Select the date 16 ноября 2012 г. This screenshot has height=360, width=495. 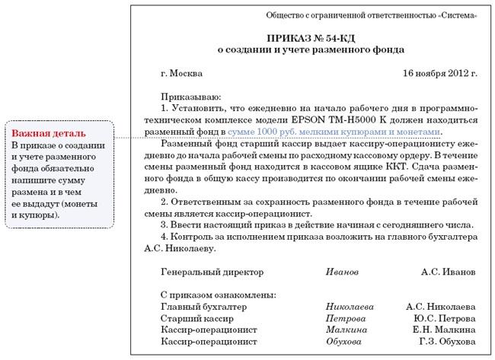(439, 74)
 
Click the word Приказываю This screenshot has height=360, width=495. (190, 97)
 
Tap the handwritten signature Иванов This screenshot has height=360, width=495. (340, 272)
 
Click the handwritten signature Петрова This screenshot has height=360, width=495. (345, 318)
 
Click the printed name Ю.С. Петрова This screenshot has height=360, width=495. (445, 318)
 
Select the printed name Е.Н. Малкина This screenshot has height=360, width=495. (444, 330)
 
